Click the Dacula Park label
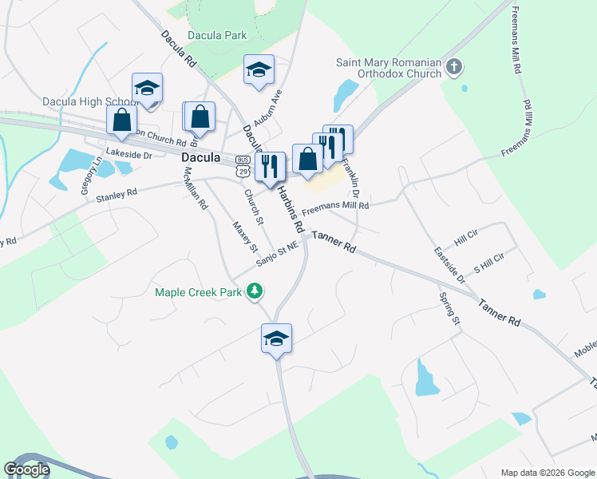[217, 35]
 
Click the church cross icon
[454, 66]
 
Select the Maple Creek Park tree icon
[255, 292]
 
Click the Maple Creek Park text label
[199, 292]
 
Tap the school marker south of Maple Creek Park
[276, 338]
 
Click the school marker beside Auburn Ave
[259, 69]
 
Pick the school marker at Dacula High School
[147, 88]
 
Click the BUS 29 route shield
[242, 165]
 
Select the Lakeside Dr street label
[128, 154]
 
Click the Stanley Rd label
[117, 195]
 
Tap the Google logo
[26, 469]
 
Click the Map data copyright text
[548, 472]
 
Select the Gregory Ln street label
[89, 176]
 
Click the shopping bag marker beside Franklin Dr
[307, 158]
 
